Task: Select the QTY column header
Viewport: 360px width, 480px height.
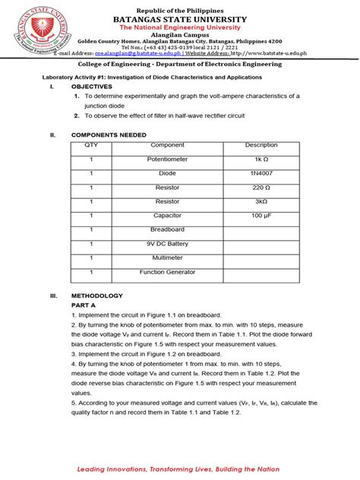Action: (91, 145)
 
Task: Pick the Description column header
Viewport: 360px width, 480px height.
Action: (261, 145)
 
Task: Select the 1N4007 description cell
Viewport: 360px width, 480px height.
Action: (261, 173)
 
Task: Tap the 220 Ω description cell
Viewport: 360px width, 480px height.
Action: (261, 188)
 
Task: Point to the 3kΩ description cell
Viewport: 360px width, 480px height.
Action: (261, 202)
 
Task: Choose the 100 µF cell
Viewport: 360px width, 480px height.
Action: (261, 216)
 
